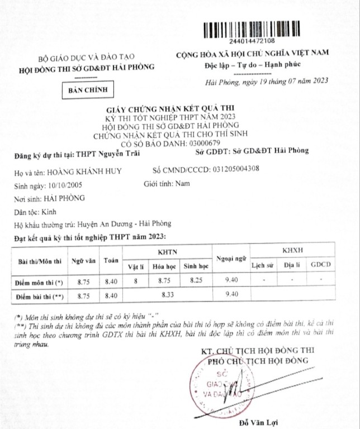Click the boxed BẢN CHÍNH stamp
(x=87, y=89)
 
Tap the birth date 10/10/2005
(x=68, y=185)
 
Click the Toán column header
(x=111, y=261)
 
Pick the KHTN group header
(x=167, y=252)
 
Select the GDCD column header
(x=321, y=264)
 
